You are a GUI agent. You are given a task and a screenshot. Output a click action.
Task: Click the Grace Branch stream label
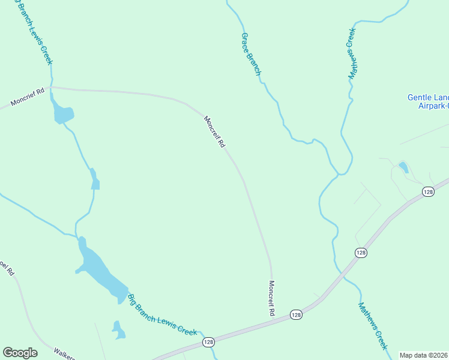(251, 54)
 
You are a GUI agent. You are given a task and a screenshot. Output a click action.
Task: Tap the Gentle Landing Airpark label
(428, 101)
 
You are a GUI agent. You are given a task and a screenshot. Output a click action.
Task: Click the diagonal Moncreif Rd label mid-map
(214, 132)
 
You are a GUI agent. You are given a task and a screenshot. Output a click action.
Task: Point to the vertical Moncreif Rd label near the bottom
(271, 298)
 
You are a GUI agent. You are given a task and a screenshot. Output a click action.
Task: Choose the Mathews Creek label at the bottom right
(373, 326)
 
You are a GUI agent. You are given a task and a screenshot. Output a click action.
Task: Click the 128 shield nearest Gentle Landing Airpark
(427, 191)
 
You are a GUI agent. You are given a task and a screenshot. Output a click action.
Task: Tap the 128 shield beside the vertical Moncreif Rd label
(296, 314)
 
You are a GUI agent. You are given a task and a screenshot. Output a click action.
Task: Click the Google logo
(20, 353)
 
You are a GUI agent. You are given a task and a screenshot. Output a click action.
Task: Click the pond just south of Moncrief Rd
(63, 113)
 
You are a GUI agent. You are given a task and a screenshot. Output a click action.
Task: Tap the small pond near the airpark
(403, 167)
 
